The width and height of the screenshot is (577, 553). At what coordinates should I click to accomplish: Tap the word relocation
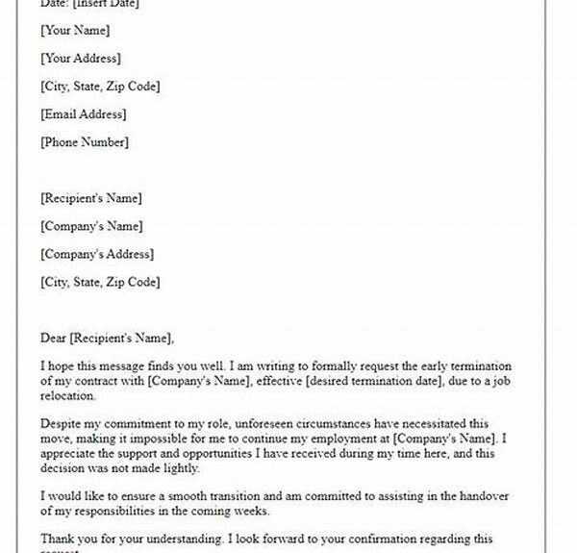pos(72,399)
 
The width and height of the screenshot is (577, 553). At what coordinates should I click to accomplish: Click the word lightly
pos(178,469)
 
